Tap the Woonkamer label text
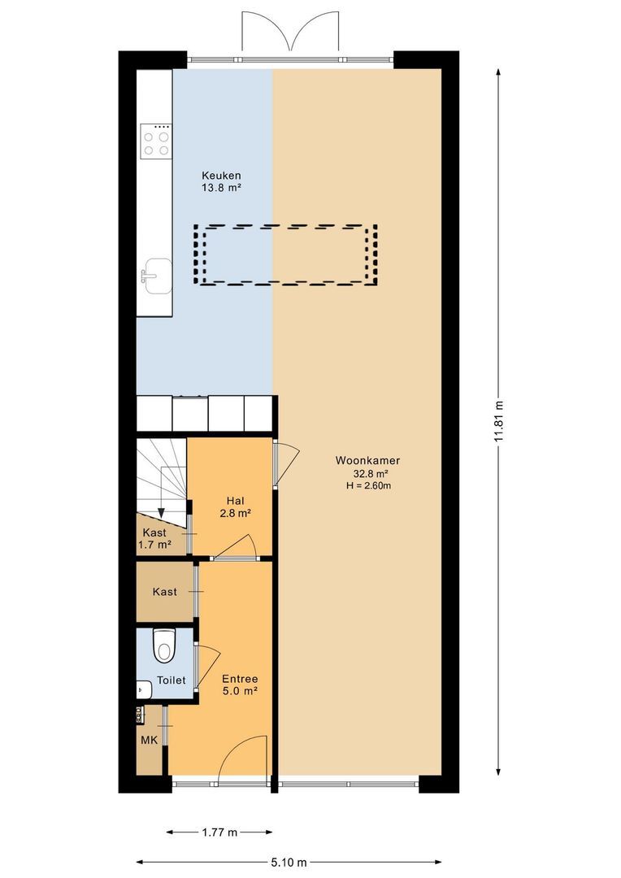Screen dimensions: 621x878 [x=367, y=461]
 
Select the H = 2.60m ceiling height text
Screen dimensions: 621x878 [x=368, y=486]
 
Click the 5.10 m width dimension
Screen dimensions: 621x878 [x=289, y=863]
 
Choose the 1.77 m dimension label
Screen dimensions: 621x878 [x=219, y=832]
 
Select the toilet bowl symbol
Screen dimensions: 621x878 [x=165, y=646]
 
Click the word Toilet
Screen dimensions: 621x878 [x=171, y=680]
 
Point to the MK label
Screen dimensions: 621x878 [x=149, y=741]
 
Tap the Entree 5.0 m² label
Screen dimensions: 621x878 [x=240, y=685]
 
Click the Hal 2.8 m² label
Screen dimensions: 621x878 [x=235, y=506]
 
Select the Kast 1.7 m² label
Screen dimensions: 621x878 [x=154, y=538]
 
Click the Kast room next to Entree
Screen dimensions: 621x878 [x=165, y=591]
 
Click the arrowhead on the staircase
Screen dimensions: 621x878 [x=161, y=512]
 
